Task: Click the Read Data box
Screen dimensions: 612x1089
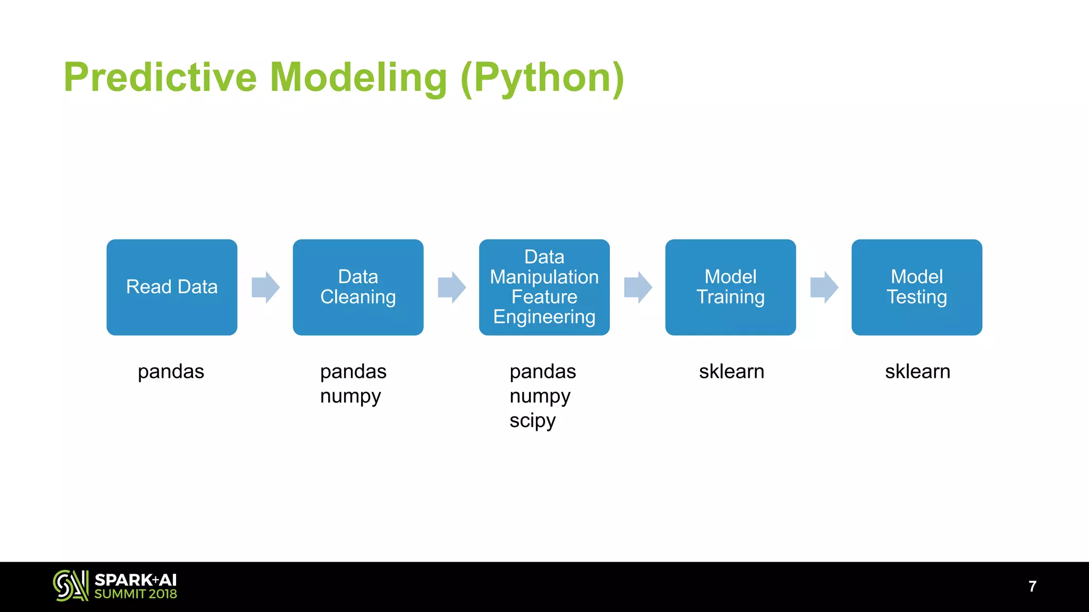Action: coord(172,287)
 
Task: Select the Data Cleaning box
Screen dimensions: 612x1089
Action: coord(358,287)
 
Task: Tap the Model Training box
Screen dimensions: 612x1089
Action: coord(730,287)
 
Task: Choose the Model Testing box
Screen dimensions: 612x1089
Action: coord(916,287)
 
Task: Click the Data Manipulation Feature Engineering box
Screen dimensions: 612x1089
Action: coord(544,287)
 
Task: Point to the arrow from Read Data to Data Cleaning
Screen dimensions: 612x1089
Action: coord(265,287)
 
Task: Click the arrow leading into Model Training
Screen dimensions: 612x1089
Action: coord(638,287)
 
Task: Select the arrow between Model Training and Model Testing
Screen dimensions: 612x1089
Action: coord(824,287)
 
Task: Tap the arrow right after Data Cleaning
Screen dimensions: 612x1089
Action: coord(451,287)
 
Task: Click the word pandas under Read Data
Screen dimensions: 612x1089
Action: coord(171,371)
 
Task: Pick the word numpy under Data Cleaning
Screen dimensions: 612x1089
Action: coord(350,396)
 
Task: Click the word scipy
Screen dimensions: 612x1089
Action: coord(532,421)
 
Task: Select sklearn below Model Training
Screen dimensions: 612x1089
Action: coord(731,371)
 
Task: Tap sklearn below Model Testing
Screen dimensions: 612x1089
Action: coord(917,371)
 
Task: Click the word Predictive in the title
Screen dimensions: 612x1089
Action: coord(160,78)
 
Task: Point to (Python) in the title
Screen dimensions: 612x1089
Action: coord(542,79)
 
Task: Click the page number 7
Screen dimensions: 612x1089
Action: coord(1032,586)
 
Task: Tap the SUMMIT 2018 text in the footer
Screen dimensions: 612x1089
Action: coord(136,594)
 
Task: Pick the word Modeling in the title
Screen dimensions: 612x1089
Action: coord(358,79)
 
